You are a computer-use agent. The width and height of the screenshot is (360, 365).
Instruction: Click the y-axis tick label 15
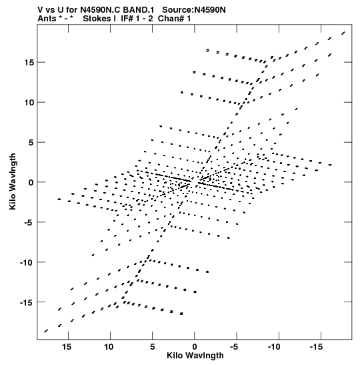pos(29,62)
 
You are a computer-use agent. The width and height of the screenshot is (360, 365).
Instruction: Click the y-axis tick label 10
pos(29,102)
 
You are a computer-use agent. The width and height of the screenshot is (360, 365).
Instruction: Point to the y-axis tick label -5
pos(29,222)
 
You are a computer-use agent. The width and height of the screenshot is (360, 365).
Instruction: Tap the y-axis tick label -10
pos(27,262)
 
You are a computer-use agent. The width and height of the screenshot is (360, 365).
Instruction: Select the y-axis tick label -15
pos(27,302)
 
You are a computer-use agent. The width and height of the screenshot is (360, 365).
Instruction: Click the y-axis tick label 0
pos(31,183)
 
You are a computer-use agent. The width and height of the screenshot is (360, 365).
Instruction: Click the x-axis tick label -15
pos(317,347)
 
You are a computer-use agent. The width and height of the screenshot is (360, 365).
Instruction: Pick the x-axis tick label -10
pos(275,347)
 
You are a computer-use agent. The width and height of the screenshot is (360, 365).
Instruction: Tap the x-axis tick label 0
pos(195,347)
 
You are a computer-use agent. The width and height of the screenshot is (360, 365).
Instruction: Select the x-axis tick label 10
pos(109,347)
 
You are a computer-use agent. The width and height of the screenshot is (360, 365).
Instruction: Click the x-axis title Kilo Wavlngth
pos(195,356)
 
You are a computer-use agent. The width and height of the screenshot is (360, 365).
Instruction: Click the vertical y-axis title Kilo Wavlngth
pos(13,181)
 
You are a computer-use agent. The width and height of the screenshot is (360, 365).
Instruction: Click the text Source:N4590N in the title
pos(194,10)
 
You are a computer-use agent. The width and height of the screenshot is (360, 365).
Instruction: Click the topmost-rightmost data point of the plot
pos(343,33)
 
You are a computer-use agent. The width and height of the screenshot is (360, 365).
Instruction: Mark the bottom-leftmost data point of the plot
pos(46,331)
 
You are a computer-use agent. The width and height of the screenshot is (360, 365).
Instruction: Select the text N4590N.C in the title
pos(101,10)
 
